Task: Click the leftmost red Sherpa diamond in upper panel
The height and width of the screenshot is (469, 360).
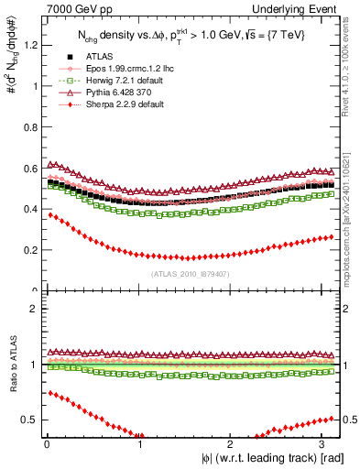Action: tap(50, 214)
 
